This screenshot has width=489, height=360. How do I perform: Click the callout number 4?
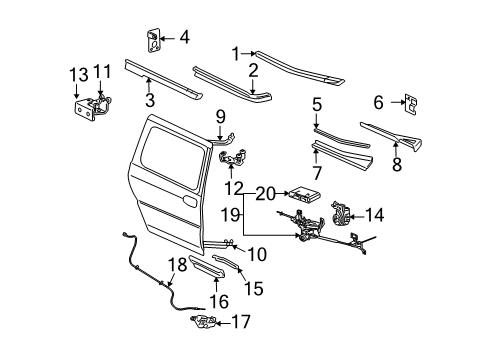point(184,39)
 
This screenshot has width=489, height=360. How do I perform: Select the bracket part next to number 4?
point(154,40)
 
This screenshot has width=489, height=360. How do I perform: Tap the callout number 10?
point(257,255)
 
